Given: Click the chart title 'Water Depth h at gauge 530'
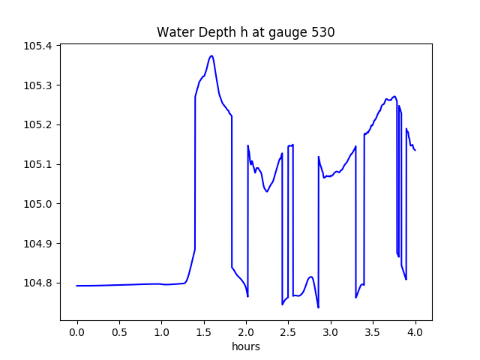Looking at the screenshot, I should pos(245,32).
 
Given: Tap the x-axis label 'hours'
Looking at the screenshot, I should pos(245,346).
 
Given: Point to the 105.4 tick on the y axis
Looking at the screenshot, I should pos(38,46).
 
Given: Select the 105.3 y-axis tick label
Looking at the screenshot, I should pos(38,85).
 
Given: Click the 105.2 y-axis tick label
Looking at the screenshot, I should pos(38,124).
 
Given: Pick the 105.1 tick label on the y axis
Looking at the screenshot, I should pos(38,164).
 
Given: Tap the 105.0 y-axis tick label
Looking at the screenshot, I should pos(38,204).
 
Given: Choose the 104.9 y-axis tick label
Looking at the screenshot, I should pos(38,244).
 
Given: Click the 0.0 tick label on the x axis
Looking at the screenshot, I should pos(77,331).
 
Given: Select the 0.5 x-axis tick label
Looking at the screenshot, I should pos(119,331).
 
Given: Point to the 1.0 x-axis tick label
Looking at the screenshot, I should pos(162,331).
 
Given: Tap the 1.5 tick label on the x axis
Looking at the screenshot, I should pos(204,331).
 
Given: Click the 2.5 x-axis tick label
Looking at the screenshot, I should pos(289,331).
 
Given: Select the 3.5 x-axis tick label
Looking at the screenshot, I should pos(373,331).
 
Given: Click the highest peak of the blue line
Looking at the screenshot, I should pos(211,55).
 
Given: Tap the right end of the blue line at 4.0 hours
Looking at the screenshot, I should pos(415,150).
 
